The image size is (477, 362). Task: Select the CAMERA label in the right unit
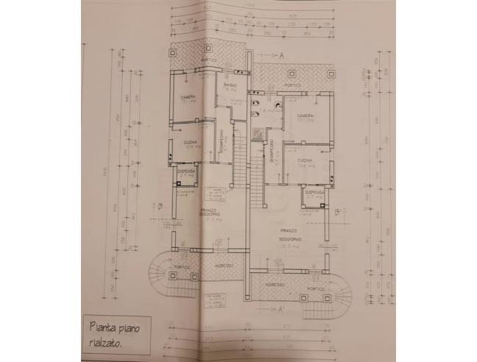coord(305,116)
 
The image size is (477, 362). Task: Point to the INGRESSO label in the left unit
coord(224,265)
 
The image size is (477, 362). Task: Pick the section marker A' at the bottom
coord(281,310)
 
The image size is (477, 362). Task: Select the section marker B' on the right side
coord(337,211)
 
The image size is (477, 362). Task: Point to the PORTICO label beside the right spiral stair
coord(317,289)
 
